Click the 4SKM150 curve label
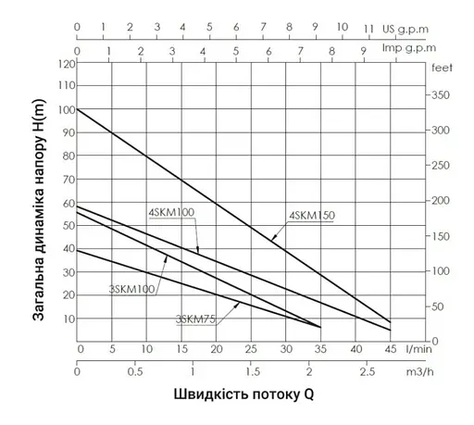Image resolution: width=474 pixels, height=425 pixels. point(312,216)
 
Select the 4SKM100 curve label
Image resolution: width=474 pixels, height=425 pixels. point(171,213)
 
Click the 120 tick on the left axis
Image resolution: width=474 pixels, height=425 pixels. point(66,64)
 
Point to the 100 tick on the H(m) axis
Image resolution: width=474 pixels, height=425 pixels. point(66,110)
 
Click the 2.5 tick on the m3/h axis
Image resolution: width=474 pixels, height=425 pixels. point(367,371)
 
